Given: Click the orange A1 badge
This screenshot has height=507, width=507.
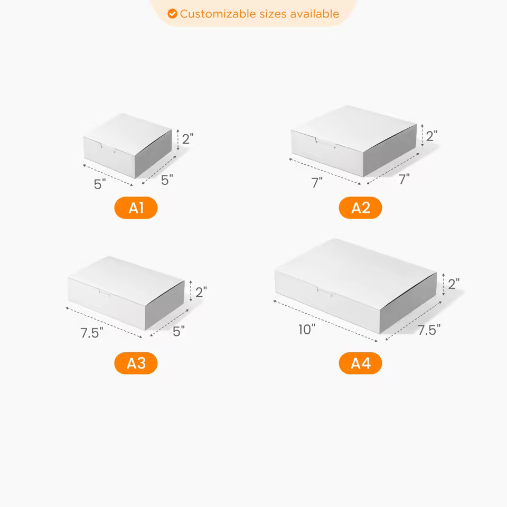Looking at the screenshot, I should click(136, 208).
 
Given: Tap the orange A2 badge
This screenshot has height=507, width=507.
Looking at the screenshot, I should click(360, 208).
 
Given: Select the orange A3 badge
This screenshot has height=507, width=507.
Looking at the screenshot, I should click(136, 363).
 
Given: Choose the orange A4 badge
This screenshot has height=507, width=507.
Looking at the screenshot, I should click(360, 363).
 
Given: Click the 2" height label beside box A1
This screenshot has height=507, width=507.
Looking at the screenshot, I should click(188, 139).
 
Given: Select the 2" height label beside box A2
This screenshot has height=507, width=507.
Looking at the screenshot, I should click(432, 136).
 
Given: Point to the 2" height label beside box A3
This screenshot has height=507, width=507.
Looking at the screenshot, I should click(201, 292).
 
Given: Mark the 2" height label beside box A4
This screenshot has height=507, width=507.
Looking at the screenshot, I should click(453, 284).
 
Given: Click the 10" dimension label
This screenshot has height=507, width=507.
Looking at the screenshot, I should click(306, 330).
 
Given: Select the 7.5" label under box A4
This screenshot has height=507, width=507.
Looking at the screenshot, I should click(429, 330).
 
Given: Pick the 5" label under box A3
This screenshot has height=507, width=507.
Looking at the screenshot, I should click(179, 331).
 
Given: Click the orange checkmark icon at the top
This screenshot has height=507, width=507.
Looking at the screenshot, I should click(172, 14).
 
